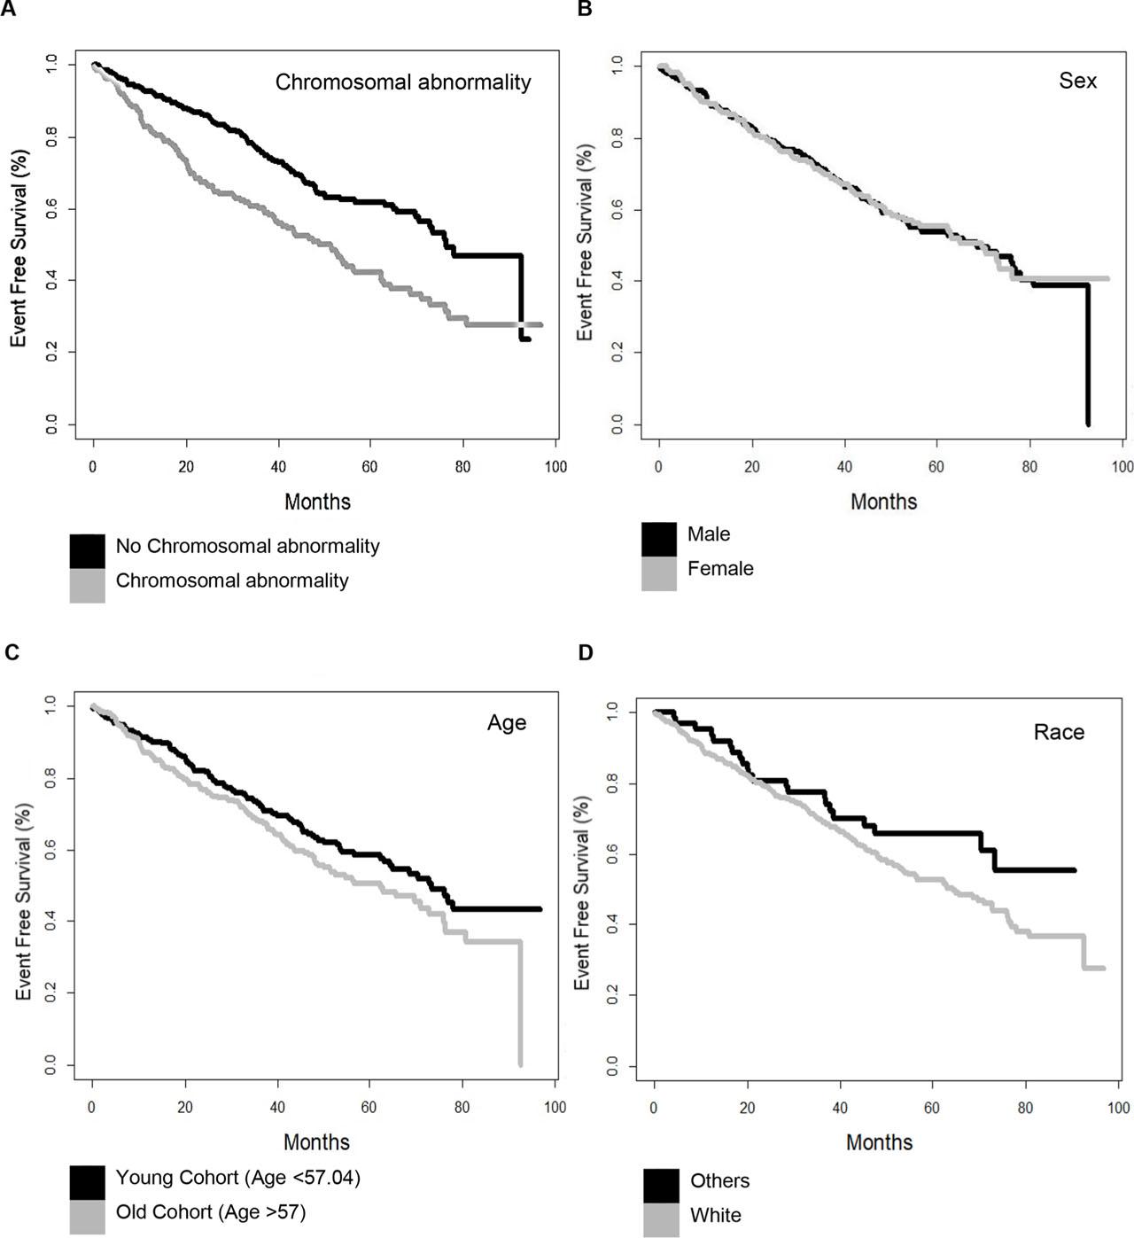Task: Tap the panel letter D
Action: (586, 652)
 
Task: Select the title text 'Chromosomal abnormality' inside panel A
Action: (403, 82)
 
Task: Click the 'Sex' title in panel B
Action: (1077, 81)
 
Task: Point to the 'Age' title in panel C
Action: (507, 722)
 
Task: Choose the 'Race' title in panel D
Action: (1059, 732)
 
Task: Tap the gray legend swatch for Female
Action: (659, 573)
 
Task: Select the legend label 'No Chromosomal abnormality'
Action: (247, 546)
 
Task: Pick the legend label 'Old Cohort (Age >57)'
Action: (211, 1211)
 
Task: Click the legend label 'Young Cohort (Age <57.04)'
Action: (237, 1178)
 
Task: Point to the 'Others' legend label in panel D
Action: (719, 1181)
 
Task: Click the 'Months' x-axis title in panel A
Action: (317, 502)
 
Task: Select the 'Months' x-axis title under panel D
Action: (879, 1142)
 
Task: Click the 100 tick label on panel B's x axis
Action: (1122, 466)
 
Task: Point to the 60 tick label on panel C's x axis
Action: (369, 1107)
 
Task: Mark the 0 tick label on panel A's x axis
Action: (93, 466)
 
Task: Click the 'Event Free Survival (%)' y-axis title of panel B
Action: (585, 243)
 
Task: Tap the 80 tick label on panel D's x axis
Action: (1025, 1108)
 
